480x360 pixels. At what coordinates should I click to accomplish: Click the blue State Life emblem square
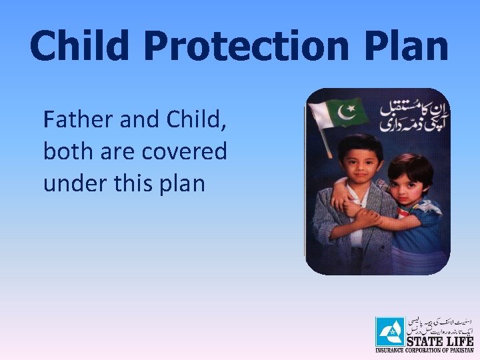389,331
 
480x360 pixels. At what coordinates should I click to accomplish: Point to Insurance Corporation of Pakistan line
424,350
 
